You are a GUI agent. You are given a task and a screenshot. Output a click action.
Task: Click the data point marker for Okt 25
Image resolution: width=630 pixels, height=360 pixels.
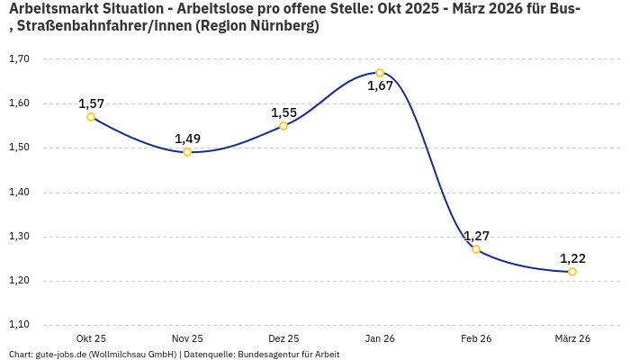coord(91,117)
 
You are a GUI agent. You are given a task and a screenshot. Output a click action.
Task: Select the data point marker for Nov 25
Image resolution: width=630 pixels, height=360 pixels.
coord(187,152)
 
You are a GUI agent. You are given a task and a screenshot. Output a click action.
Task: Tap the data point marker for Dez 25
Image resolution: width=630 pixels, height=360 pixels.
coord(283,126)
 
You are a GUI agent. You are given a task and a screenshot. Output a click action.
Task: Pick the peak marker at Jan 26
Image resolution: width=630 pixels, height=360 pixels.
coord(380,73)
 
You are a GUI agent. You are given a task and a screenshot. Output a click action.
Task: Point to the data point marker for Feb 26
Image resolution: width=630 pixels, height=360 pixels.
coord(476,249)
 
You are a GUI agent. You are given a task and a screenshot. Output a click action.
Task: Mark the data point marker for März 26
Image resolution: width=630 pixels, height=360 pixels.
coord(572,272)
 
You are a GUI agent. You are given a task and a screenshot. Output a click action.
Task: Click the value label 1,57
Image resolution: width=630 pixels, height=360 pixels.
coord(92,103)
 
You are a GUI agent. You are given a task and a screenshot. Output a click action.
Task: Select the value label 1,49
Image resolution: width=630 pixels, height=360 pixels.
coord(187,139)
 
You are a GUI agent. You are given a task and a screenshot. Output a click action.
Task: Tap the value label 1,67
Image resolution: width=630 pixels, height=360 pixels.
coord(380,86)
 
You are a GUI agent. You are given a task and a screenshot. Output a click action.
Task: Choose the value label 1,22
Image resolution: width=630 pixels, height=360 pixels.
coord(572,258)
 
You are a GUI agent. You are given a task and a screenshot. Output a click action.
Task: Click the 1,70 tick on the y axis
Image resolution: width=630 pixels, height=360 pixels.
coord(19,59)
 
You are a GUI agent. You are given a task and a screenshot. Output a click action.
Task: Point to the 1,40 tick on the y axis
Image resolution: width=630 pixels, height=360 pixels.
coord(19,193)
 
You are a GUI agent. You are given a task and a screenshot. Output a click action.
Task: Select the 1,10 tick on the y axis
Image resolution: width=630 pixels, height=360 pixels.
coord(19,325)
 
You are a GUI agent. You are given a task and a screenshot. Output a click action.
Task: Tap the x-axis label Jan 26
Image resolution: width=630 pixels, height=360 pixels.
coord(380,338)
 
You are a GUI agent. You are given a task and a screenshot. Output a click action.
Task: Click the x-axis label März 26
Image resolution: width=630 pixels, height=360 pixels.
coord(572,338)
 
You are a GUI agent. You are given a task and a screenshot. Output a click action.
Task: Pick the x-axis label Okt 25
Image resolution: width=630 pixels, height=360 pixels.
coord(91,338)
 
